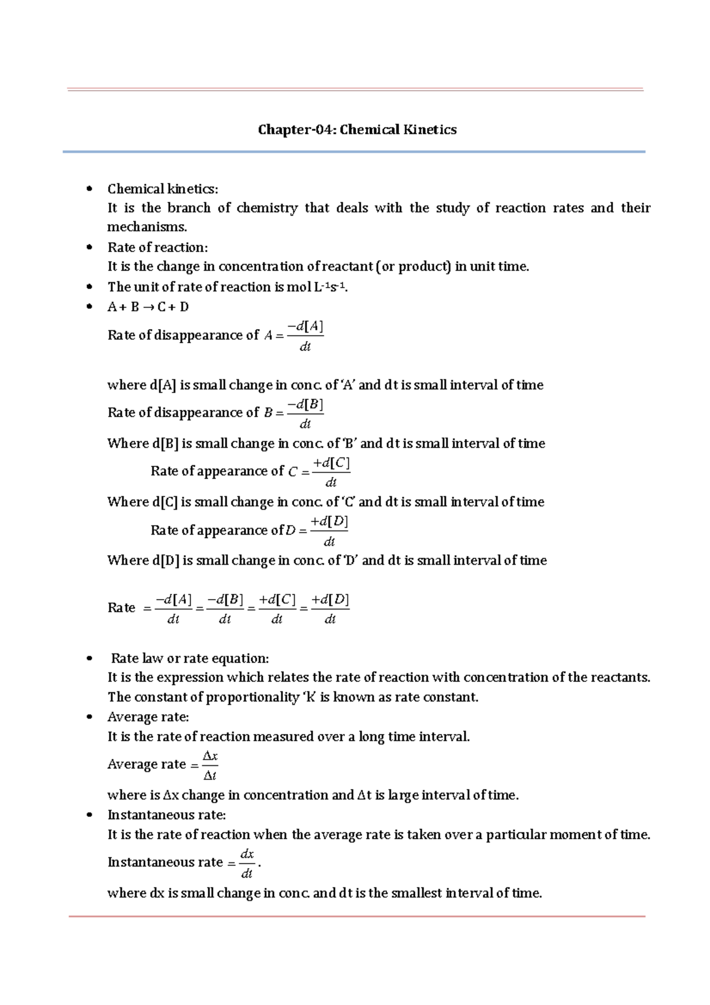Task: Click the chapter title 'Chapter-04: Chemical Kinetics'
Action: pos(357,130)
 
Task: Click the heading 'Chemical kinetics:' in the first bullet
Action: pos(163,189)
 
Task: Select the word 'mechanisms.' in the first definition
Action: pos(147,227)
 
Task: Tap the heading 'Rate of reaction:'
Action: pos(157,247)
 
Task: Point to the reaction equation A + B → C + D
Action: pos(148,307)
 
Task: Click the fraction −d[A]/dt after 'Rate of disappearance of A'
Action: pos(305,336)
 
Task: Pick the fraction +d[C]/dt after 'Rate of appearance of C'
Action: pos(331,472)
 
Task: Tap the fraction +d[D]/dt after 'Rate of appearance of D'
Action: pos(330,530)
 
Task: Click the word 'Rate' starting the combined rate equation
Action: pos(121,608)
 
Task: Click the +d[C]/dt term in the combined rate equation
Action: pos(277,608)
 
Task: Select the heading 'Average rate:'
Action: pos(148,717)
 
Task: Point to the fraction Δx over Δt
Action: pos(210,765)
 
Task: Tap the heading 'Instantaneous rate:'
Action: pos(166,815)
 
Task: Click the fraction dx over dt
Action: pos(247,863)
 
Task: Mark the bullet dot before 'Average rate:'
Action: pos(89,717)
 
